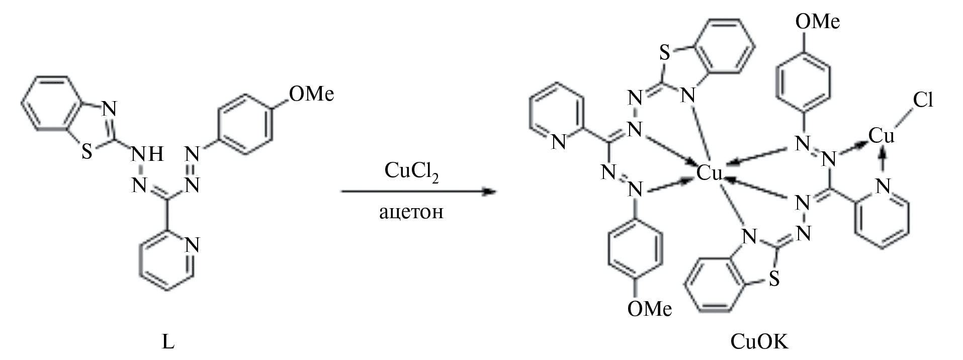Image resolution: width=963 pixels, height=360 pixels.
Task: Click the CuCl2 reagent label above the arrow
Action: pyautogui.click(x=411, y=172)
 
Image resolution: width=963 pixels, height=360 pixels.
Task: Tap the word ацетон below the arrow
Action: pyautogui.click(x=411, y=212)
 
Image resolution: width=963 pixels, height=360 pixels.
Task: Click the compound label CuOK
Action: pyautogui.click(x=760, y=342)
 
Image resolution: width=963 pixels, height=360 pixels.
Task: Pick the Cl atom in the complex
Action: pyautogui.click(x=923, y=100)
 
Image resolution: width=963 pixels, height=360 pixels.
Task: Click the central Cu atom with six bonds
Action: pyautogui.click(x=709, y=173)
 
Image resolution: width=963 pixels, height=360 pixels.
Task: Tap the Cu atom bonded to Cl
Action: pyautogui.click(x=882, y=135)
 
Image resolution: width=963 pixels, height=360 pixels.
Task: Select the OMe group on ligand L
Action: pyautogui.click(x=312, y=94)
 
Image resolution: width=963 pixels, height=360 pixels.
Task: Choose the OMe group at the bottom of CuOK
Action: pyautogui.click(x=649, y=308)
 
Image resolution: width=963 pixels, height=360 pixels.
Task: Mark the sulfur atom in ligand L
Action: pyautogui.click(x=87, y=151)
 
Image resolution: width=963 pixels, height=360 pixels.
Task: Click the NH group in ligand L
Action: pyautogui.click(x=147, y=154)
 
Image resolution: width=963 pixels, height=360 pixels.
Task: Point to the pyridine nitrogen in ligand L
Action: pyautogui.click(x=193, y=245)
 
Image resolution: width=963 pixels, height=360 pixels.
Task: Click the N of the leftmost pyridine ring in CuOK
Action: pyautogui.click(x=559, y=142)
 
